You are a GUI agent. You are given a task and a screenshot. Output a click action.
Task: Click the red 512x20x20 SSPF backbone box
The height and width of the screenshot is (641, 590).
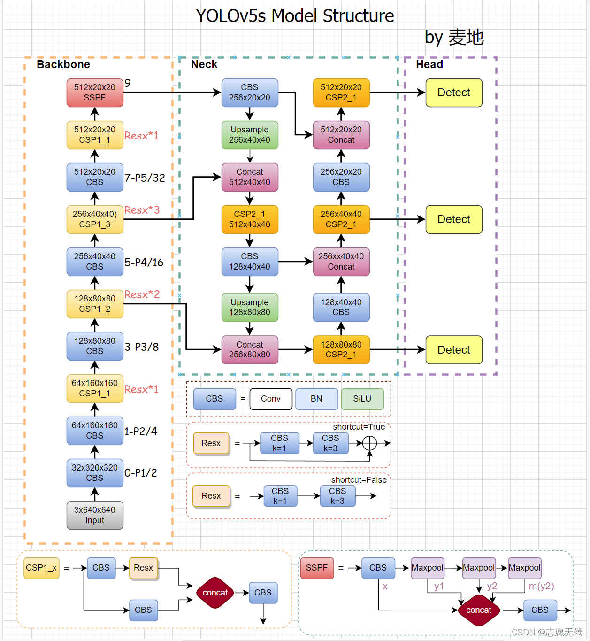coord(95,93)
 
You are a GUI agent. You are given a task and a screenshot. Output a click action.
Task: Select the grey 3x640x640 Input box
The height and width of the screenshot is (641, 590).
coord(95,515)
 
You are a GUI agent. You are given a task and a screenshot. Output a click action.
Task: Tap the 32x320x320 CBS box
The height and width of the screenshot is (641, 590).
coord(95,473)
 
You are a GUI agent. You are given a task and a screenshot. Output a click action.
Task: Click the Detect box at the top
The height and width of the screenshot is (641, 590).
coord(453,93)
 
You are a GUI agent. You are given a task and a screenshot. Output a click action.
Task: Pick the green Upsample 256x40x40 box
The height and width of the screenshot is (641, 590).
coord(250,135)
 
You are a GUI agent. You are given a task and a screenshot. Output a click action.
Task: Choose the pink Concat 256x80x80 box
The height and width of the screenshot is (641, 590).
coord(250,350)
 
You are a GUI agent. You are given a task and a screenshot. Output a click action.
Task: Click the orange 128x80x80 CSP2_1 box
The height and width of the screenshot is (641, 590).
coord(341,350)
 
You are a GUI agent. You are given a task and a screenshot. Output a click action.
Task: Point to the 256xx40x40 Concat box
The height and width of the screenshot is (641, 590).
coord(341,262)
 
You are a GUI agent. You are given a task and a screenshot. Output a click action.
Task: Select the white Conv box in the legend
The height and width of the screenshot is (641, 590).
coord(271,399)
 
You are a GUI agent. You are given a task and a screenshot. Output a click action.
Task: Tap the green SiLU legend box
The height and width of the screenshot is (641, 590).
coord(362,399)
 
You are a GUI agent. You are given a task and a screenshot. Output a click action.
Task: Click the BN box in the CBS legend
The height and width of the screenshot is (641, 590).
coord(316,399)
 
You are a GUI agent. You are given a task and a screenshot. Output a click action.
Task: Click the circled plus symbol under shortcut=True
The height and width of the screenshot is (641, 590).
coord(369,443)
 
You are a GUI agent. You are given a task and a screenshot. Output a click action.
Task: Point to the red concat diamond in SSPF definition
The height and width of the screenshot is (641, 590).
coord(478,610)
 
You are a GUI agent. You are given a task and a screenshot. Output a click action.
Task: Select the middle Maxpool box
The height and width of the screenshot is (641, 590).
coord(478,568)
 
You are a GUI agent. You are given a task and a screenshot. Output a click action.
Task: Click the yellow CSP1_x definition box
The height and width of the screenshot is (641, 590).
coord(41,568)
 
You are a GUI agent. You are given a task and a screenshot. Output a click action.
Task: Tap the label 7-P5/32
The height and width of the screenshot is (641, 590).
coord(145,178)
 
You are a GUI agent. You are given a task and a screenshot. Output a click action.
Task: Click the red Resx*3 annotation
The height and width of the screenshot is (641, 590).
coord(142,210)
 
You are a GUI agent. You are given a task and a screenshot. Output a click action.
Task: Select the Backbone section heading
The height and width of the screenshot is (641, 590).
coord(63,64)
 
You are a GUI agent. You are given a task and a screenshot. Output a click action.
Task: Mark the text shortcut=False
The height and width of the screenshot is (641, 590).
coord(359,480)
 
